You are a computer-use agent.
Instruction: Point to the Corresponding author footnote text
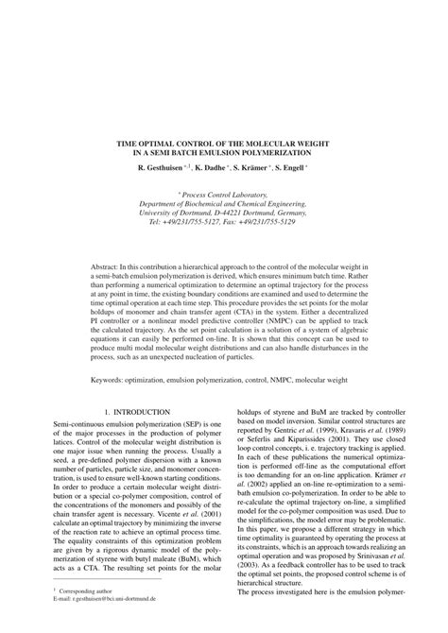click(x=64, y=615)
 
